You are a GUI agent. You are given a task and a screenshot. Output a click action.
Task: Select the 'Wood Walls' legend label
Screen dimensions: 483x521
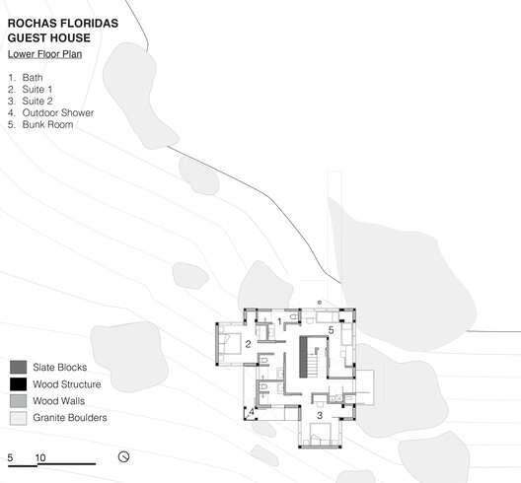pos(58,401)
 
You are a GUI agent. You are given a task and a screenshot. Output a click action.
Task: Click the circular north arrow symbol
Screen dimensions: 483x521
pos(124,456)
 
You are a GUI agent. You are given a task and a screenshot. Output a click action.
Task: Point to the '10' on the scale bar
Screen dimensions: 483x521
pos(39,458)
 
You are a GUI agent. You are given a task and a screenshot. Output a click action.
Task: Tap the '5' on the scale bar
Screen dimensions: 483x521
pos(10,458)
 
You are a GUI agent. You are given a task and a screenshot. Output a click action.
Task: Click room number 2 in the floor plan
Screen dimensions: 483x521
pos(248,344)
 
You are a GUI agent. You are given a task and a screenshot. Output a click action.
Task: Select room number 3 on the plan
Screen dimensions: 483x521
pos(320,416)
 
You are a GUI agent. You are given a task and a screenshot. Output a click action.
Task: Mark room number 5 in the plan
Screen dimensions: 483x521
pos(331,330)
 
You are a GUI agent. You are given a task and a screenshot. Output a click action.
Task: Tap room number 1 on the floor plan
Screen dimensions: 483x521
pos(279,321)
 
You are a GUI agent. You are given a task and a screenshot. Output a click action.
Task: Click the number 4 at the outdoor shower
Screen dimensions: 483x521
pos(252,411)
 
